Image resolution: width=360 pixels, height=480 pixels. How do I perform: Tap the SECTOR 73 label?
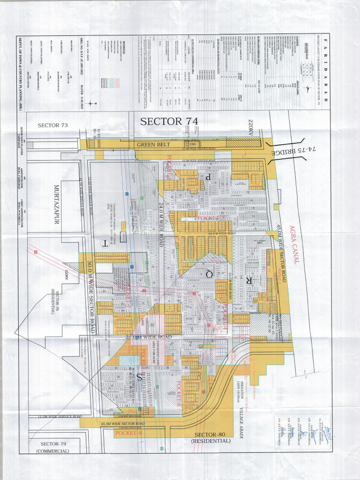53,125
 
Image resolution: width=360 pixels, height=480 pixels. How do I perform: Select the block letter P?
207,176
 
